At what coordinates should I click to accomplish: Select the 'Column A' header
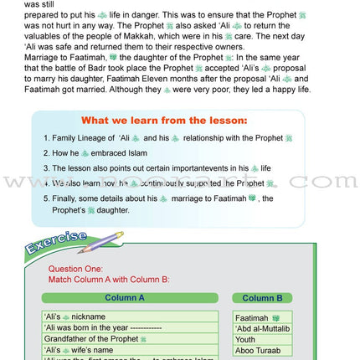(x=125, y=297)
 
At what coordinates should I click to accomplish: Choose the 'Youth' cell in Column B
(x=246, y=340)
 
